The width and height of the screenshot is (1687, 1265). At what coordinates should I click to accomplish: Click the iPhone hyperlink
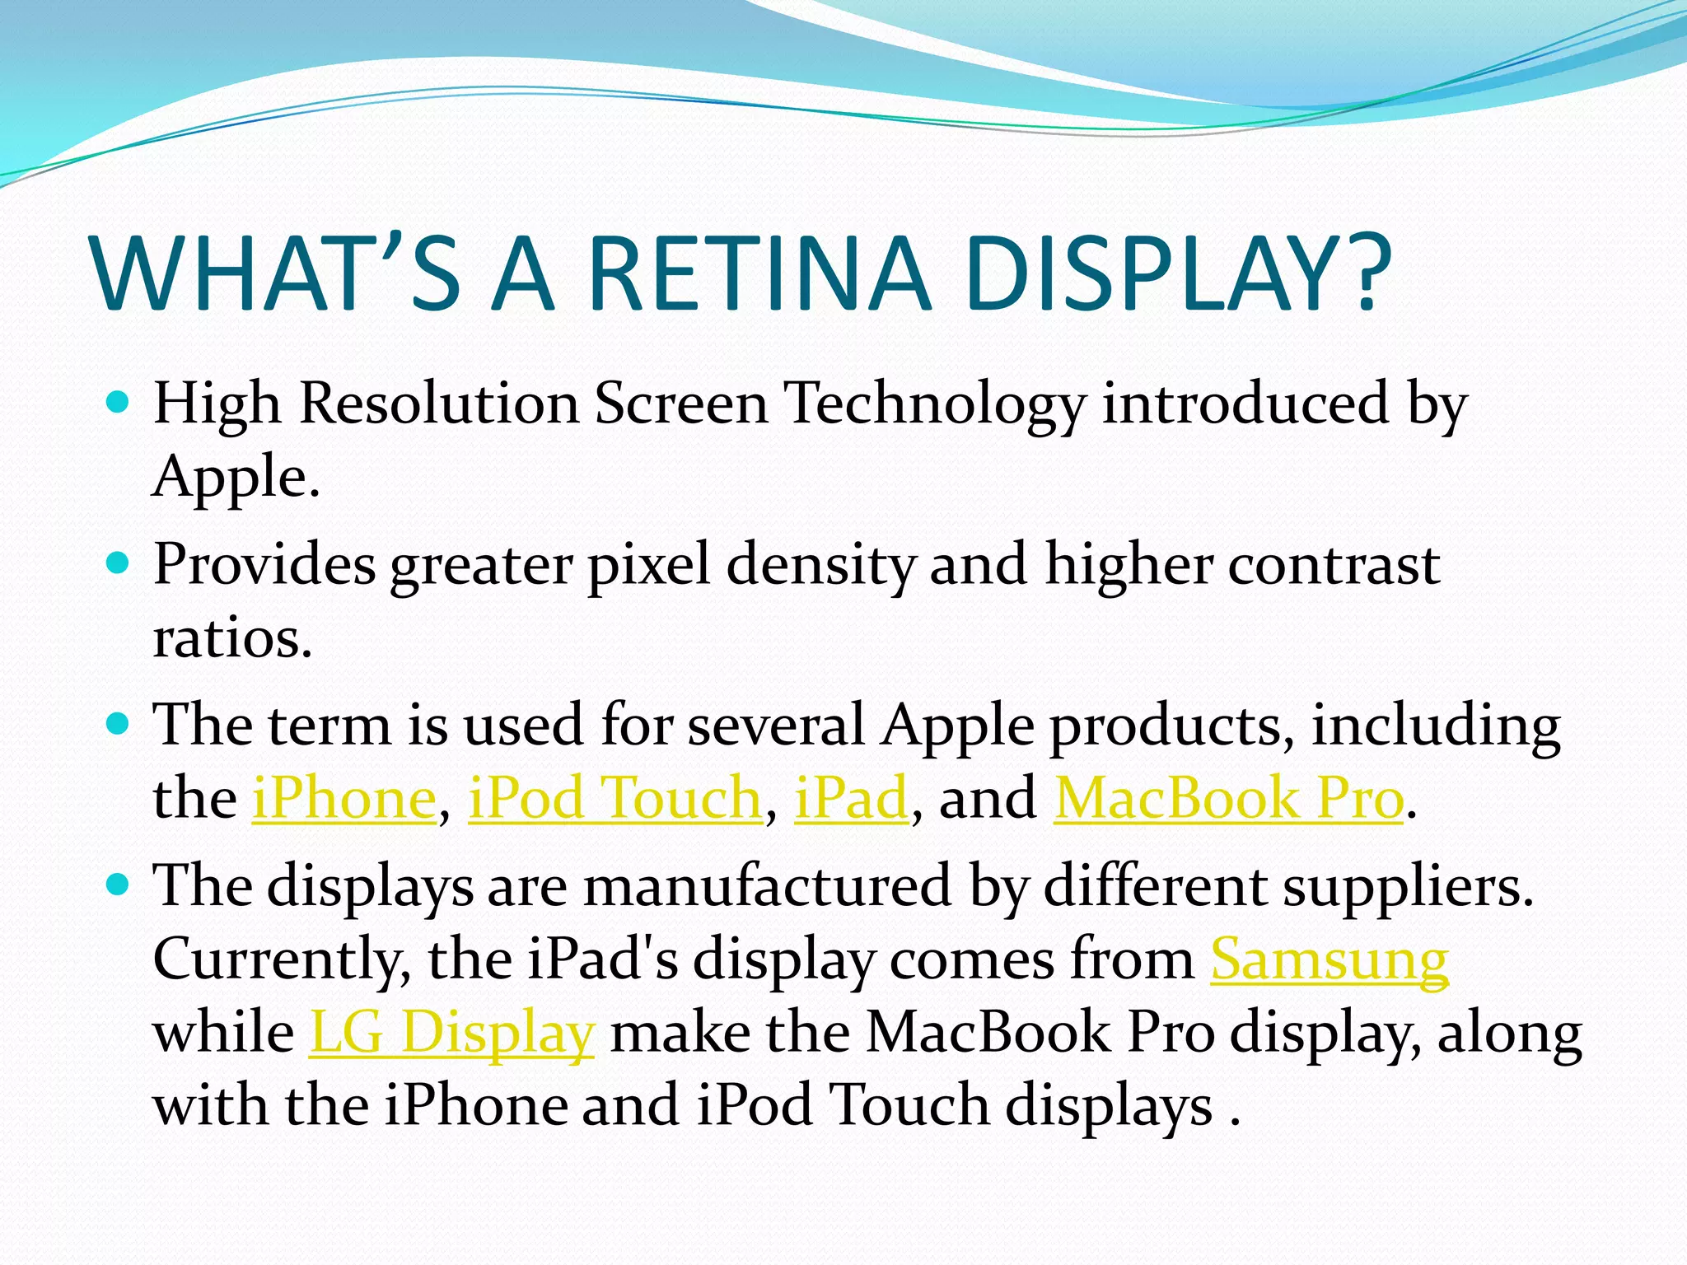(343, 798)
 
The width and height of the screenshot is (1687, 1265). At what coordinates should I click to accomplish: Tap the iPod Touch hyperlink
(615, 798)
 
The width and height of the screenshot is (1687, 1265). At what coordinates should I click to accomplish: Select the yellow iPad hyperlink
(850, 798)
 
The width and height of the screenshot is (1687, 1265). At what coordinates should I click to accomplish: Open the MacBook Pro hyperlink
(1228, 798)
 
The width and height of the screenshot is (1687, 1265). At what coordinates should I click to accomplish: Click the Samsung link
(1330, 959)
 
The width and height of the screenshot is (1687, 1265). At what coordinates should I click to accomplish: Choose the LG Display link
(451, 1032)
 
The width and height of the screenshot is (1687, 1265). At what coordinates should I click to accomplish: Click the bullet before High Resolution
(119, 403)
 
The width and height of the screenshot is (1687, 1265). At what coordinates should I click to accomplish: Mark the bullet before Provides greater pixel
(119, 563)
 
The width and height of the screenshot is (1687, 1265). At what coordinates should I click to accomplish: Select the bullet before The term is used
(119, 724)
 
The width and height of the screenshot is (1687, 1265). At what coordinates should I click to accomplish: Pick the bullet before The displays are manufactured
(119, 885)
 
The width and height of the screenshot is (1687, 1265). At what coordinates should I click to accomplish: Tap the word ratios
(232, 638)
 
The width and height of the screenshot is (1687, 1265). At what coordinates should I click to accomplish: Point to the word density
(820, 567)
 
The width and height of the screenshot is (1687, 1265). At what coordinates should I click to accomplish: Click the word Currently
(283, 960)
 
